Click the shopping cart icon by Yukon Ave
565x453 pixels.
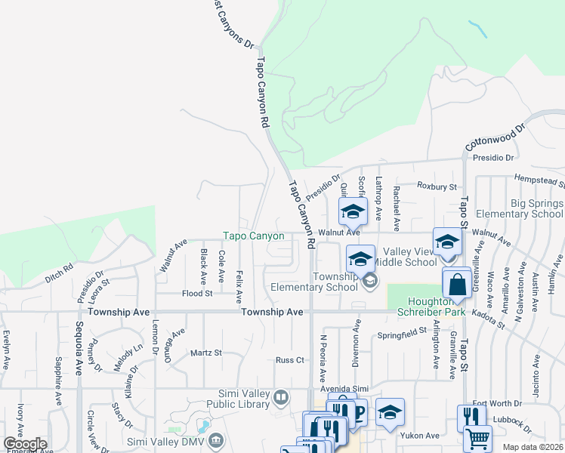[477, 439]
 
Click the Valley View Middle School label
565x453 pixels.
[410, 257]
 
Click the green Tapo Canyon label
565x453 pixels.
[254, 236]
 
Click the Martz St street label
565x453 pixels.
[205, 353]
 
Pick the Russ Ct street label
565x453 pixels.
[289, 361]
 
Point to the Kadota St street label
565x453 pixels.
[489, 316]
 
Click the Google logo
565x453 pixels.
[25, 444]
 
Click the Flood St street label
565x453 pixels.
[197, 293]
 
